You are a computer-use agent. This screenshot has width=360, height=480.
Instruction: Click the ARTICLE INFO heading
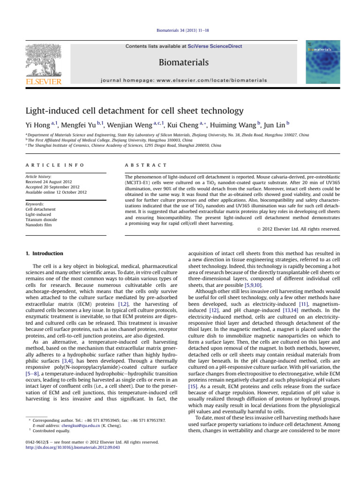click(54, 165)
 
